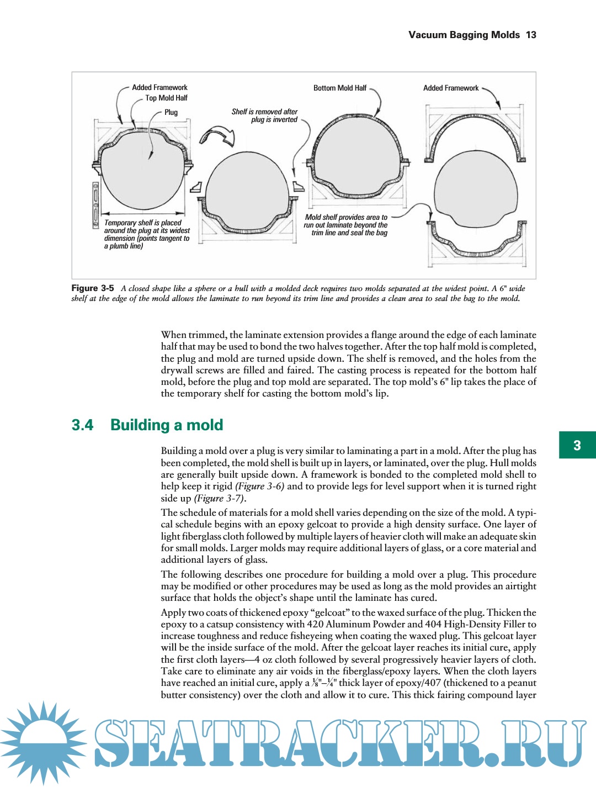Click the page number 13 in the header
tap(531, 35)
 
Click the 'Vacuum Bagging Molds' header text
tap(464, 35)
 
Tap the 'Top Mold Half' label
tap(166, 98)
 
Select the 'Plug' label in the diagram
tap(171, 112)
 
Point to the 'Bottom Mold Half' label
tap(339, 88)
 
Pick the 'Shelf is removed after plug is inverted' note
tap(265, 115)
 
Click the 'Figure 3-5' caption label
tap(93, 288)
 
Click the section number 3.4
tap(82, 425)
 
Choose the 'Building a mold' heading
tap(167, 425)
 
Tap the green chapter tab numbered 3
tap(577, 445)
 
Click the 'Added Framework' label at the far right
tap(451, 88)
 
